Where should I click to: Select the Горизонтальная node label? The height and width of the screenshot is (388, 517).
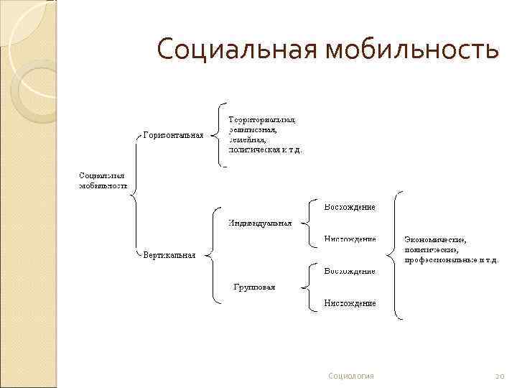(173, 134)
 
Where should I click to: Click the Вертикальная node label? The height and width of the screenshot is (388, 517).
(169, 254)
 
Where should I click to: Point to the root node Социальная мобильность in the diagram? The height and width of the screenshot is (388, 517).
(103, 180)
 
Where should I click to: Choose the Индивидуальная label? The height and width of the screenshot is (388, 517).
(260, 223)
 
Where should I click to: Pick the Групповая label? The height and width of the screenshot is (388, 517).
(254, 287)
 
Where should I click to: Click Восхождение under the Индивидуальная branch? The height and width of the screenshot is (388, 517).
(350, 207)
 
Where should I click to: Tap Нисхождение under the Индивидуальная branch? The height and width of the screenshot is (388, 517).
(350, 239)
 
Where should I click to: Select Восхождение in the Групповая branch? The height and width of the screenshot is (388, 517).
(350, 271)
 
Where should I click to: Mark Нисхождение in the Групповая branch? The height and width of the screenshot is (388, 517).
(350, 302)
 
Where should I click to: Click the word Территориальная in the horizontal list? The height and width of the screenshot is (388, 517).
(262, 119)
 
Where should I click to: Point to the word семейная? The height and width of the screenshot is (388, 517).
(248, 140)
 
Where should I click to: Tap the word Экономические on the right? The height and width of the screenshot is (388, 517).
(435, 239)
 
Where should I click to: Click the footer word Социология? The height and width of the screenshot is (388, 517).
(350, 376)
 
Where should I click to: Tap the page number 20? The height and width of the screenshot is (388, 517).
(500, 376)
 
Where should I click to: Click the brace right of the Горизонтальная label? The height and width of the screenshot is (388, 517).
(218, 134)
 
